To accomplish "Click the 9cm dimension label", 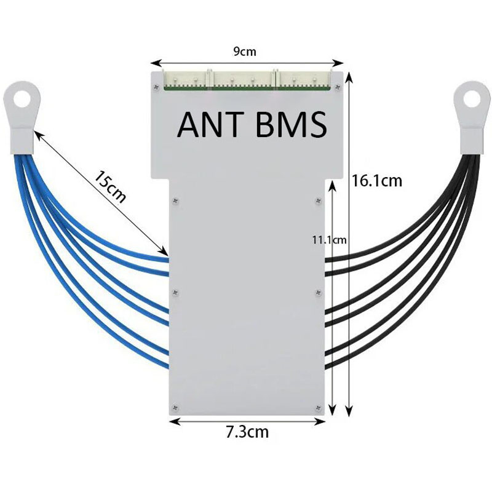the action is tap(245, 52).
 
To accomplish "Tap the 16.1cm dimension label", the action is tap(376, 181).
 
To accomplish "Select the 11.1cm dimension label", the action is tap(329, 240).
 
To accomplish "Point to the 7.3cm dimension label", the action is tap(247, 432).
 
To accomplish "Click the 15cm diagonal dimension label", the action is tap(110, 187).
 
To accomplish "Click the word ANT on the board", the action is tap(210, 125).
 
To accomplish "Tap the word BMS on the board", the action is tap(291, 125).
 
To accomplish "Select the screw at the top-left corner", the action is tap(156, 87).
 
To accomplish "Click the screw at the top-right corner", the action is tap(338, 87).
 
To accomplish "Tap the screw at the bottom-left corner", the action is tap(175, 408).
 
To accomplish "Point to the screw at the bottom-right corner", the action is tap(318, 408).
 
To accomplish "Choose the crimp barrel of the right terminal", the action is tap(472, 141).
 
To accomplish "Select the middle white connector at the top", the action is tap(244, 79).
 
